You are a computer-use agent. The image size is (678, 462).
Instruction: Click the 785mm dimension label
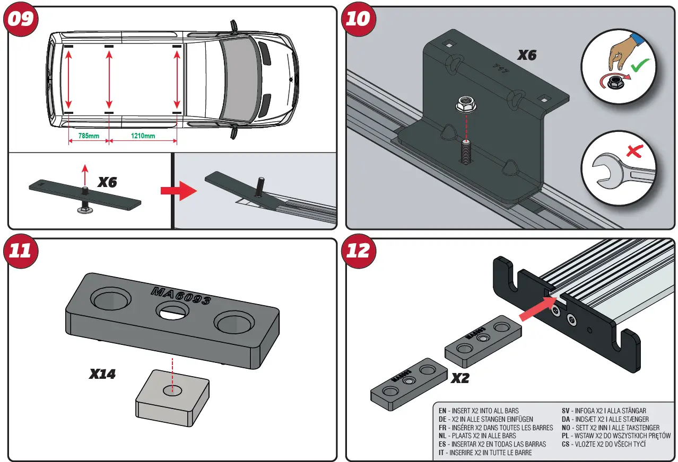89,136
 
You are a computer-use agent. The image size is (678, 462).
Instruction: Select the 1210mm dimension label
143,136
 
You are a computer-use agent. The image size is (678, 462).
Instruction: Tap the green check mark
642,67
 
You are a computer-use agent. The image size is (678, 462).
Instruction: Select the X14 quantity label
102,374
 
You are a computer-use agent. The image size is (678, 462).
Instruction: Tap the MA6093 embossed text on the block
180,296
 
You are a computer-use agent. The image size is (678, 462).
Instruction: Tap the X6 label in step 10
527,55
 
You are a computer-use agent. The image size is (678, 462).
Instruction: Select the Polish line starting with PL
616,436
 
